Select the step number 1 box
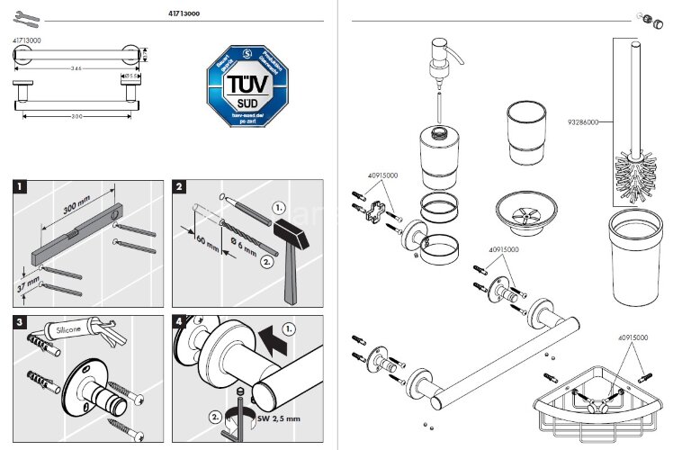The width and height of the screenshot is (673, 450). pyautogui.click(x=20, y=188)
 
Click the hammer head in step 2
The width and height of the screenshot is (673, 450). pyautogui.click(x=293, y=230)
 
